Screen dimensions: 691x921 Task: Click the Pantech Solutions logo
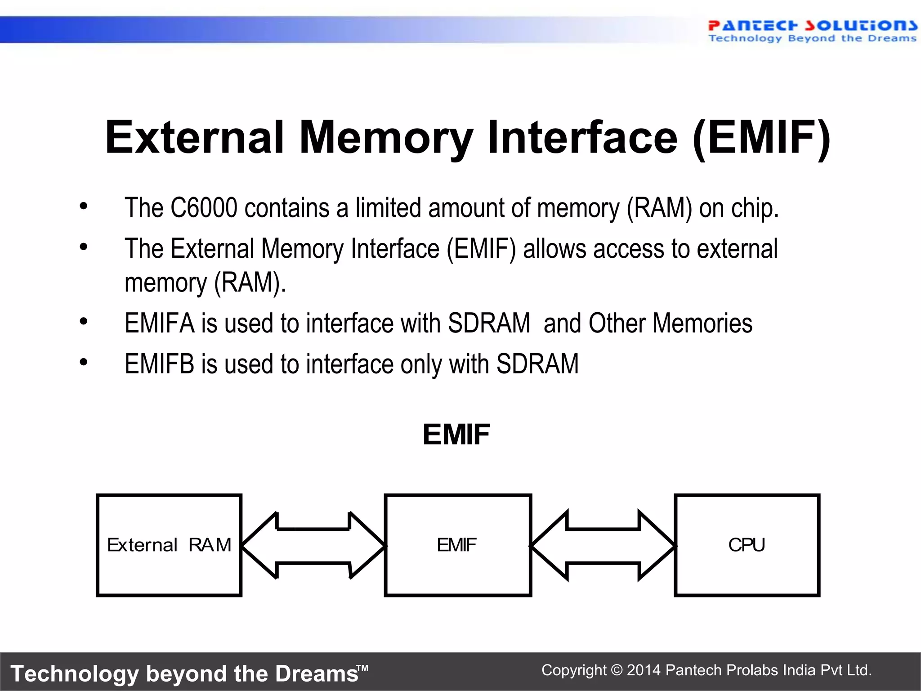point(812,31)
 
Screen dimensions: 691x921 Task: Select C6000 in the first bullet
point(203,208)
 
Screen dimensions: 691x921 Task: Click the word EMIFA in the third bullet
point(159,323)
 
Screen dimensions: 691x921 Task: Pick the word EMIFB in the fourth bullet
point(159,364)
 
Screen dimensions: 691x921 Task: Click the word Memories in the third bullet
point(702,323)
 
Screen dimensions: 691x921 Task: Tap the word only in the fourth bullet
point(421,364)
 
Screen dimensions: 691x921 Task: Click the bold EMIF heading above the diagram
point(456,435)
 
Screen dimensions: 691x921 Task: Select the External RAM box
point(169,545)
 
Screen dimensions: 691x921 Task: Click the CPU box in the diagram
point(747,545)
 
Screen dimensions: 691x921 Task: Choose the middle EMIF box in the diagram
point(458,545)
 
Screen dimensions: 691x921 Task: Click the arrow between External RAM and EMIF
point(313,546)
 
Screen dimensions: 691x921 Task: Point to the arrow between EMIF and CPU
point(603,546)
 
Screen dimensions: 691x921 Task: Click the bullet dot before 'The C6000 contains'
point(84,206)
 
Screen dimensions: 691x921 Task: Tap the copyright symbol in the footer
point(617,670)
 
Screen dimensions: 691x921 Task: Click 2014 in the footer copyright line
point(644,670)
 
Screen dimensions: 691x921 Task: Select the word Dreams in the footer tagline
point(317,674)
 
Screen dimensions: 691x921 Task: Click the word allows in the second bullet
point(554,249)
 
